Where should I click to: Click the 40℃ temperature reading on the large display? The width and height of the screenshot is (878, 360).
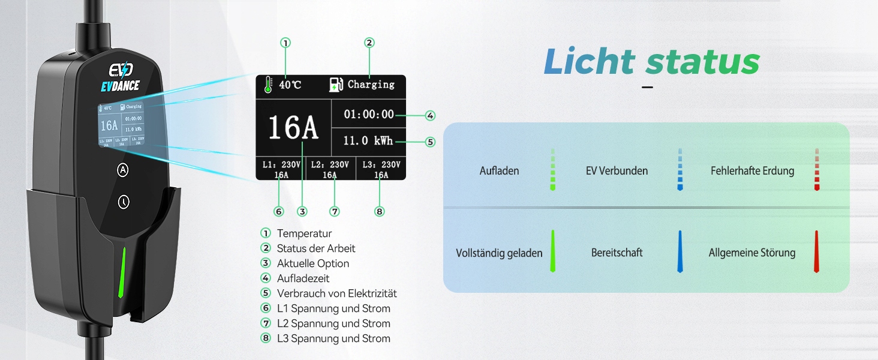coord(290,85)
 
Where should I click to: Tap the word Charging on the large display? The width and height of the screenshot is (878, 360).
coord(371,85)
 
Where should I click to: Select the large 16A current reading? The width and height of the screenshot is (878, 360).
coord(293,127)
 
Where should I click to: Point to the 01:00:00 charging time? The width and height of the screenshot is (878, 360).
coord(369,114)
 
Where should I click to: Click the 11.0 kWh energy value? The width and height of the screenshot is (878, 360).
coord(368,141)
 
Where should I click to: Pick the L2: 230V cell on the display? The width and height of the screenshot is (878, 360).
coord(330,165)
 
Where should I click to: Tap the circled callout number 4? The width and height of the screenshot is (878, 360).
coord(430,115)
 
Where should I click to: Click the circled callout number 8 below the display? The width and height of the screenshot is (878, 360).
coord(379,211)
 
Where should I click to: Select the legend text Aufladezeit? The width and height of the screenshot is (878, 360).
coord(303,278)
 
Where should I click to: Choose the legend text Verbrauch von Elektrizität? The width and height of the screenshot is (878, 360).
coord(336,293)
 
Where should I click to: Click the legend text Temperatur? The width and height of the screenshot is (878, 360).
coord(304,233)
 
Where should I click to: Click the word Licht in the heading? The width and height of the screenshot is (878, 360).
coord(589,61)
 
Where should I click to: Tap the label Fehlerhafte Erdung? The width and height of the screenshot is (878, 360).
coord(752,171)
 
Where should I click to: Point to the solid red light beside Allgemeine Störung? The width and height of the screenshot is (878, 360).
coord(816,252)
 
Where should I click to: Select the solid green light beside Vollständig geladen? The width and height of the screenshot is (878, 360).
coord(553,252)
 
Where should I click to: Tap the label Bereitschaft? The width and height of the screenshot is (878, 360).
coord(617,253)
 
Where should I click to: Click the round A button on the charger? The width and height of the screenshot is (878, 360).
coord(123,170)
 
